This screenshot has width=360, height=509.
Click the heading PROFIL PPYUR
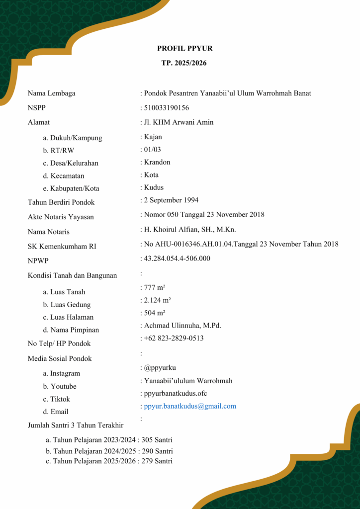(184, 48)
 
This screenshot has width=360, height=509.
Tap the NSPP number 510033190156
(166, 108)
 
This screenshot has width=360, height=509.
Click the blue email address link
(190, 406)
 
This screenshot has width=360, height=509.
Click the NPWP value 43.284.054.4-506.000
(177, 258)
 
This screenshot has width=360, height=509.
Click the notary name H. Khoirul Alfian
(189, 230)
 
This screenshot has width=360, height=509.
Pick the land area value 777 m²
(155, 288)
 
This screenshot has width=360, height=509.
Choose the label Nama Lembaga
(52, 93)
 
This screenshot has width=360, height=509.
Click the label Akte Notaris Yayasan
(61, 217)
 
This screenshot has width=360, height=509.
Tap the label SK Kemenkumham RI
(62, 246)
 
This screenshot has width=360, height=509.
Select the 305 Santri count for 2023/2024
(157, 440)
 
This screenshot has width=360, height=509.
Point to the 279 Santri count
(157, 461)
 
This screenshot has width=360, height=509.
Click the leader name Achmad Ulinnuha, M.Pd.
(182, 326)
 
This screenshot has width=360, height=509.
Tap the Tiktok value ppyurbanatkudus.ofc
(175, 394)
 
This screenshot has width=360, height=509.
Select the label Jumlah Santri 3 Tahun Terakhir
(76, 425)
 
